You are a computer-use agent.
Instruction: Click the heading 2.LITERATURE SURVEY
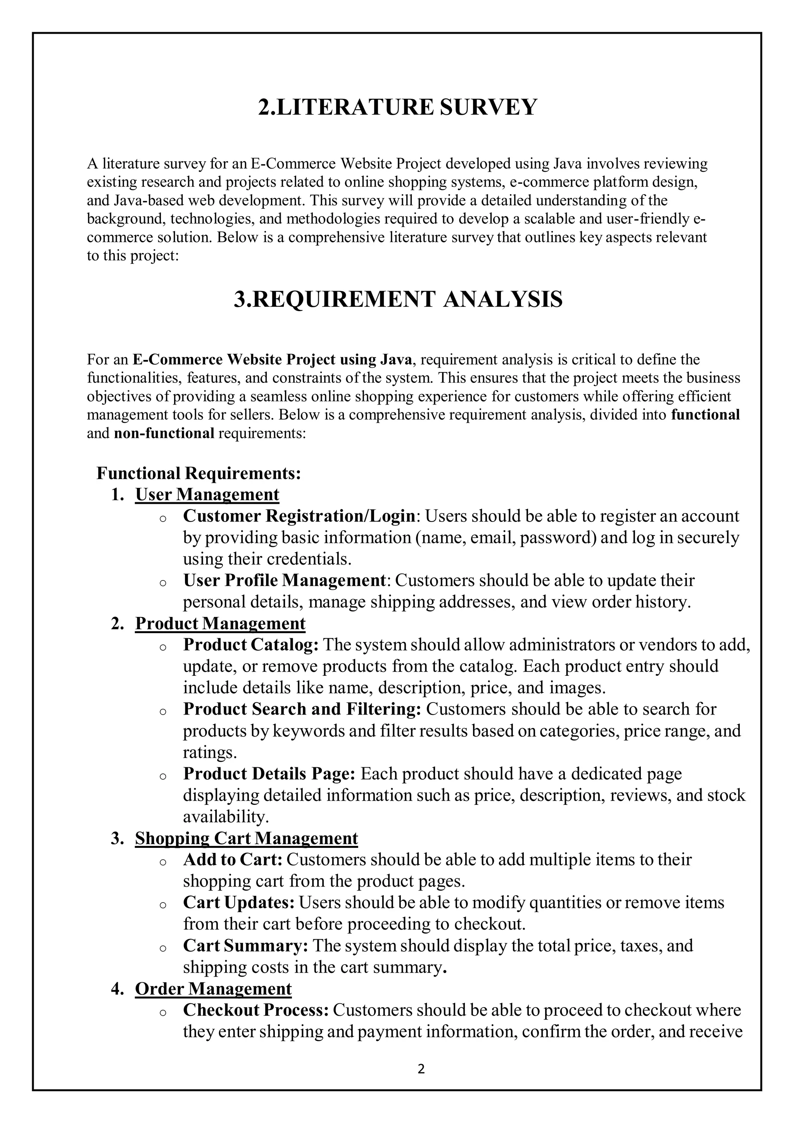click(397, 107)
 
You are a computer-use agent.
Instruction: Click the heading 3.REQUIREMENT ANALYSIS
click(398, 299)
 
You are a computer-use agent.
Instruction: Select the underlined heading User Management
click(207, 494)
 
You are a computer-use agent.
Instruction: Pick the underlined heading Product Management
click(220, 624)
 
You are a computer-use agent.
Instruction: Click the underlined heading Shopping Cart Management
click(246, 838)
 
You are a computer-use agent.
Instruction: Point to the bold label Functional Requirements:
click(198, 473)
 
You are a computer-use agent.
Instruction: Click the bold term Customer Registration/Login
click(299, 516)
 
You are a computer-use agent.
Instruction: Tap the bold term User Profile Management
click(285, 580)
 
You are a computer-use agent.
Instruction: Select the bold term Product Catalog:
click(251, 645)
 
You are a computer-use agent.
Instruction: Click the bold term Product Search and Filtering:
click(302, 709)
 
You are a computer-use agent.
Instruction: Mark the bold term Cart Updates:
click(239, 903)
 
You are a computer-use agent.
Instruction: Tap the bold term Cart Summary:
click(245, 946)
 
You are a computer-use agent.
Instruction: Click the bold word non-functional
click(164, 433)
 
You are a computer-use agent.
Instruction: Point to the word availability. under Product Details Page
click(226, 817)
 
